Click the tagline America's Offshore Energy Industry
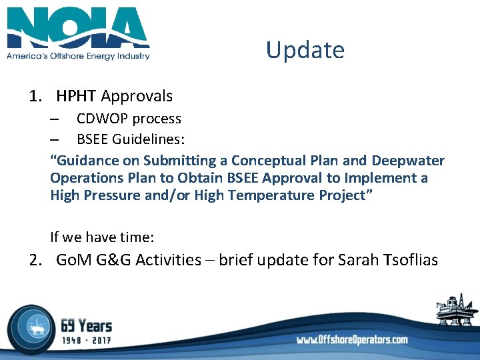point(78,56)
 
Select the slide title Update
point(305,50)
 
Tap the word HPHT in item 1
point(77,96)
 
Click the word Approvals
point(137,96)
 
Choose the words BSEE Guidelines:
point(131,139)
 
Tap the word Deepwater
point(407,161)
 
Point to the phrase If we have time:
point(102,237)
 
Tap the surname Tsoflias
point(411,260)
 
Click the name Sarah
point(359,260)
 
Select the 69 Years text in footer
point(86,326)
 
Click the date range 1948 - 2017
point(86,341)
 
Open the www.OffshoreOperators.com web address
point(352,339)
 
